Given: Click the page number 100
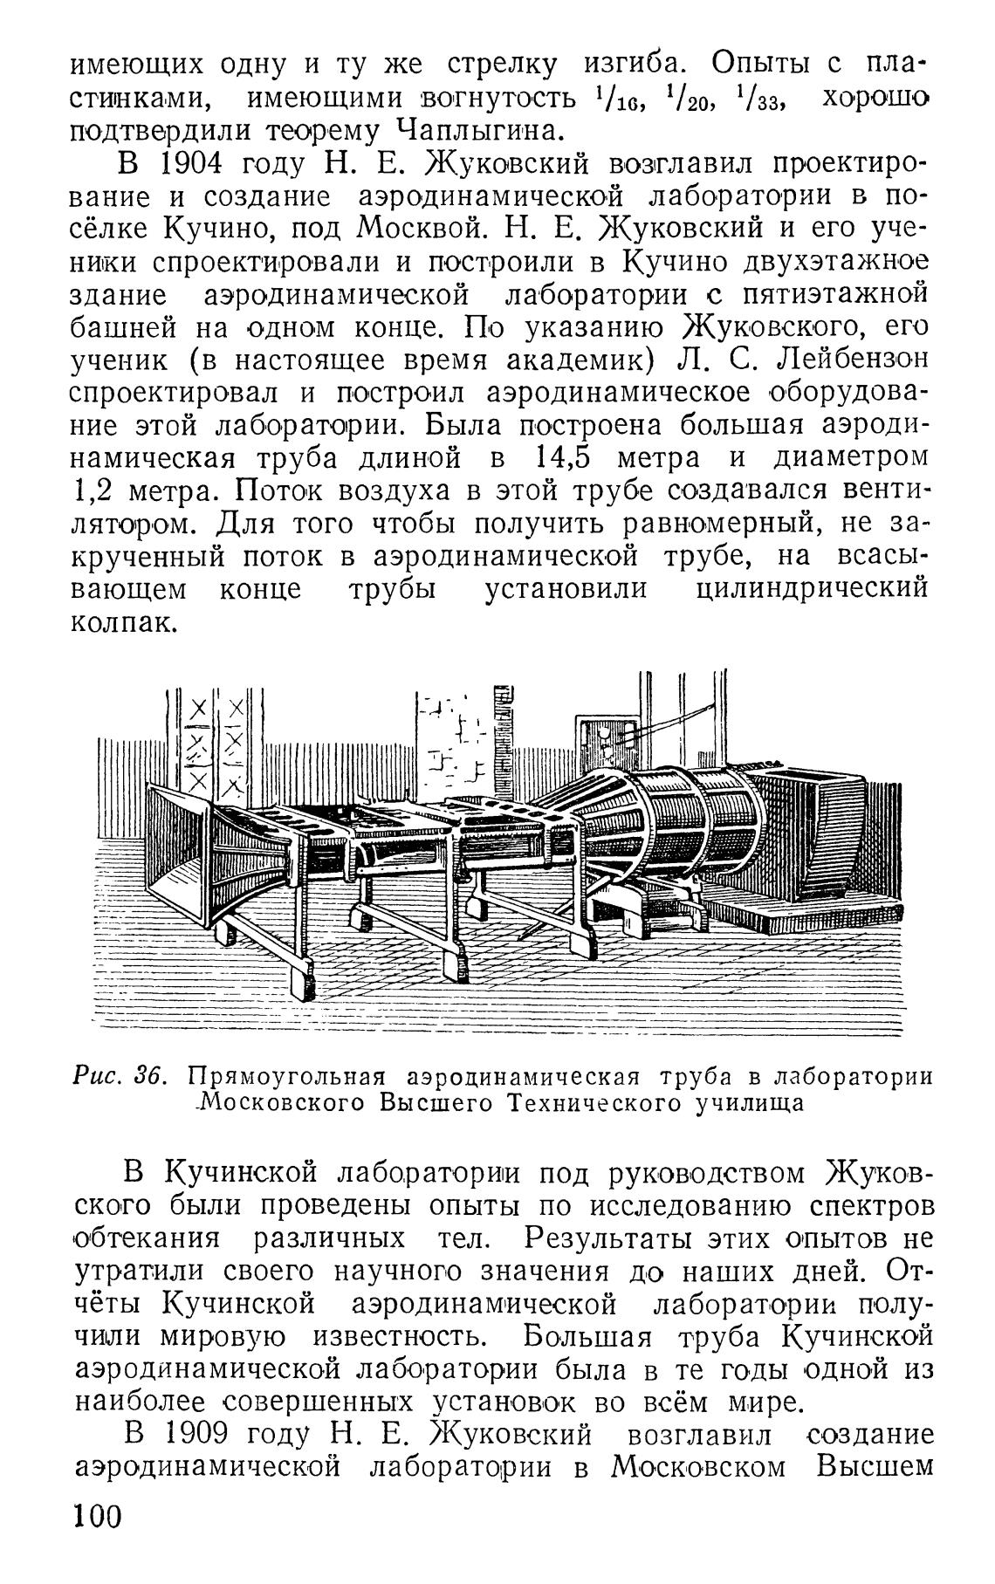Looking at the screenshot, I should [x=97, y=1540].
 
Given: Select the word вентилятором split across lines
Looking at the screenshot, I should [x=882, y=491].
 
